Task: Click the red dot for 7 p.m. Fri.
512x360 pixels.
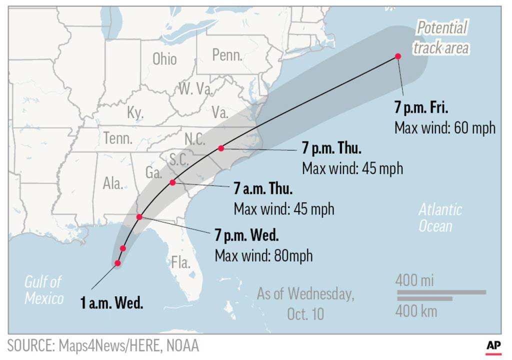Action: click(x=398, y=56)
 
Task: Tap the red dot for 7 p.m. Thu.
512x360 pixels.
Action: click(x=221, y=148)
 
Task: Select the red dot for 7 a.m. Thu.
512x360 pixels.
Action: click(x=172, y=182)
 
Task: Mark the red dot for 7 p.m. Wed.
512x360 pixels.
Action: click(x=139, y=216)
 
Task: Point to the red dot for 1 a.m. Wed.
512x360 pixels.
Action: click(x=118, y=263)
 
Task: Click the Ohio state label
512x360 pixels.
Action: click(x=164, y=59)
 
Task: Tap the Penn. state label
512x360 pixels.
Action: click(x=227, y=55)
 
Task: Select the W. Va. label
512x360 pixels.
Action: click(x=196, y=89)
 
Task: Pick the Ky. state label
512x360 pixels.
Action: click(x=135, y=112)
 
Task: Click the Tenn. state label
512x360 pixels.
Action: click(x=118, y=138)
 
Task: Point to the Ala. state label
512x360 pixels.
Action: click(x=113, y=183)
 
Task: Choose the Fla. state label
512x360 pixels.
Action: click(x=180, y=262)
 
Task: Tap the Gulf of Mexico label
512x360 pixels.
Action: click(x=44, y=290)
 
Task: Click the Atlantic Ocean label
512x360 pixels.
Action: click(x=440, y=217)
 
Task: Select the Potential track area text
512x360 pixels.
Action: click(x=440, y=38)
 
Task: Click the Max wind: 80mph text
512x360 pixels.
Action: click(x=263, y=255)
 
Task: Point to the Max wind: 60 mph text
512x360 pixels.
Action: click(x=444, y=127)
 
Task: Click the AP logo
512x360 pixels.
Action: click(x=493, y=345)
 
